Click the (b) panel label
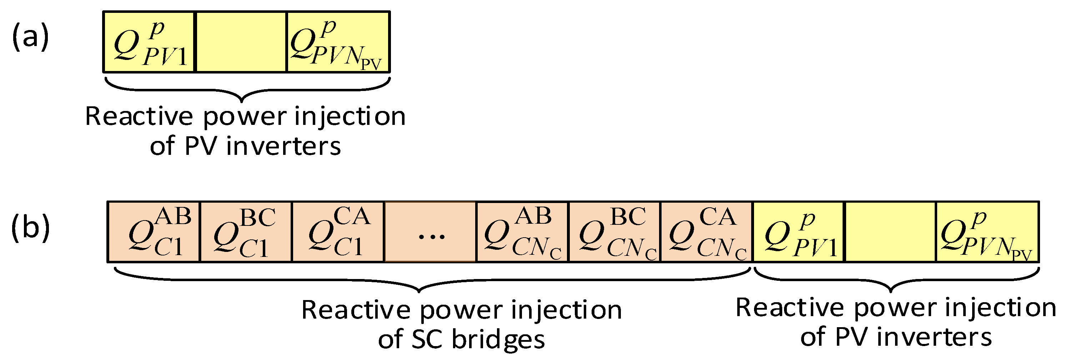pos(30,228)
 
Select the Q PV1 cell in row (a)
pos(149,42)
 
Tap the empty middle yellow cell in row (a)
pos(241,42)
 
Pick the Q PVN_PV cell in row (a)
pos(338,42)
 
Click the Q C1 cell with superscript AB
pos(154,232)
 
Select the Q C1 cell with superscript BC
pos(246,232)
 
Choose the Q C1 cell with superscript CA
pos(338,232)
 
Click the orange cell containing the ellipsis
pos(430,232)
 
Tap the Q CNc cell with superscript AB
pos(523,232)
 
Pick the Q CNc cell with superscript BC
pos(615,232)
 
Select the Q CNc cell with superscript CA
pos(707,232)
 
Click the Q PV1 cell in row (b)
pos(799,232)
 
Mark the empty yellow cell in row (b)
pos(890,232)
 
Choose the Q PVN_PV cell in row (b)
pos(987,232)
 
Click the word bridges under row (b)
pos(498,340)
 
